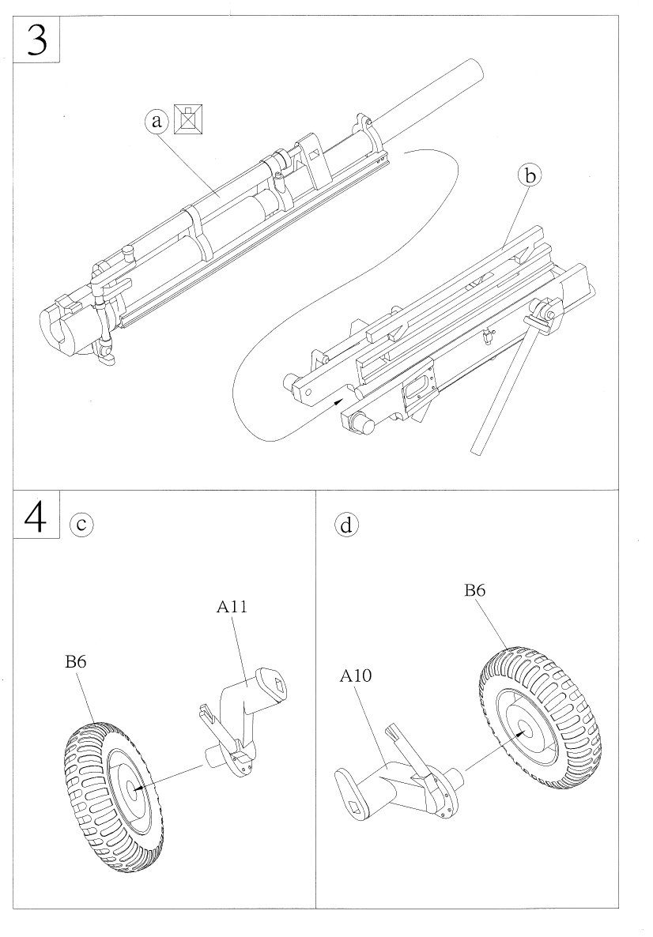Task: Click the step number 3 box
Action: point(37,40)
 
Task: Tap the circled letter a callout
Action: point(157,121)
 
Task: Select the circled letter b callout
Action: point(530,175)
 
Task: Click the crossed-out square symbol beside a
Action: point(188,119)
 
